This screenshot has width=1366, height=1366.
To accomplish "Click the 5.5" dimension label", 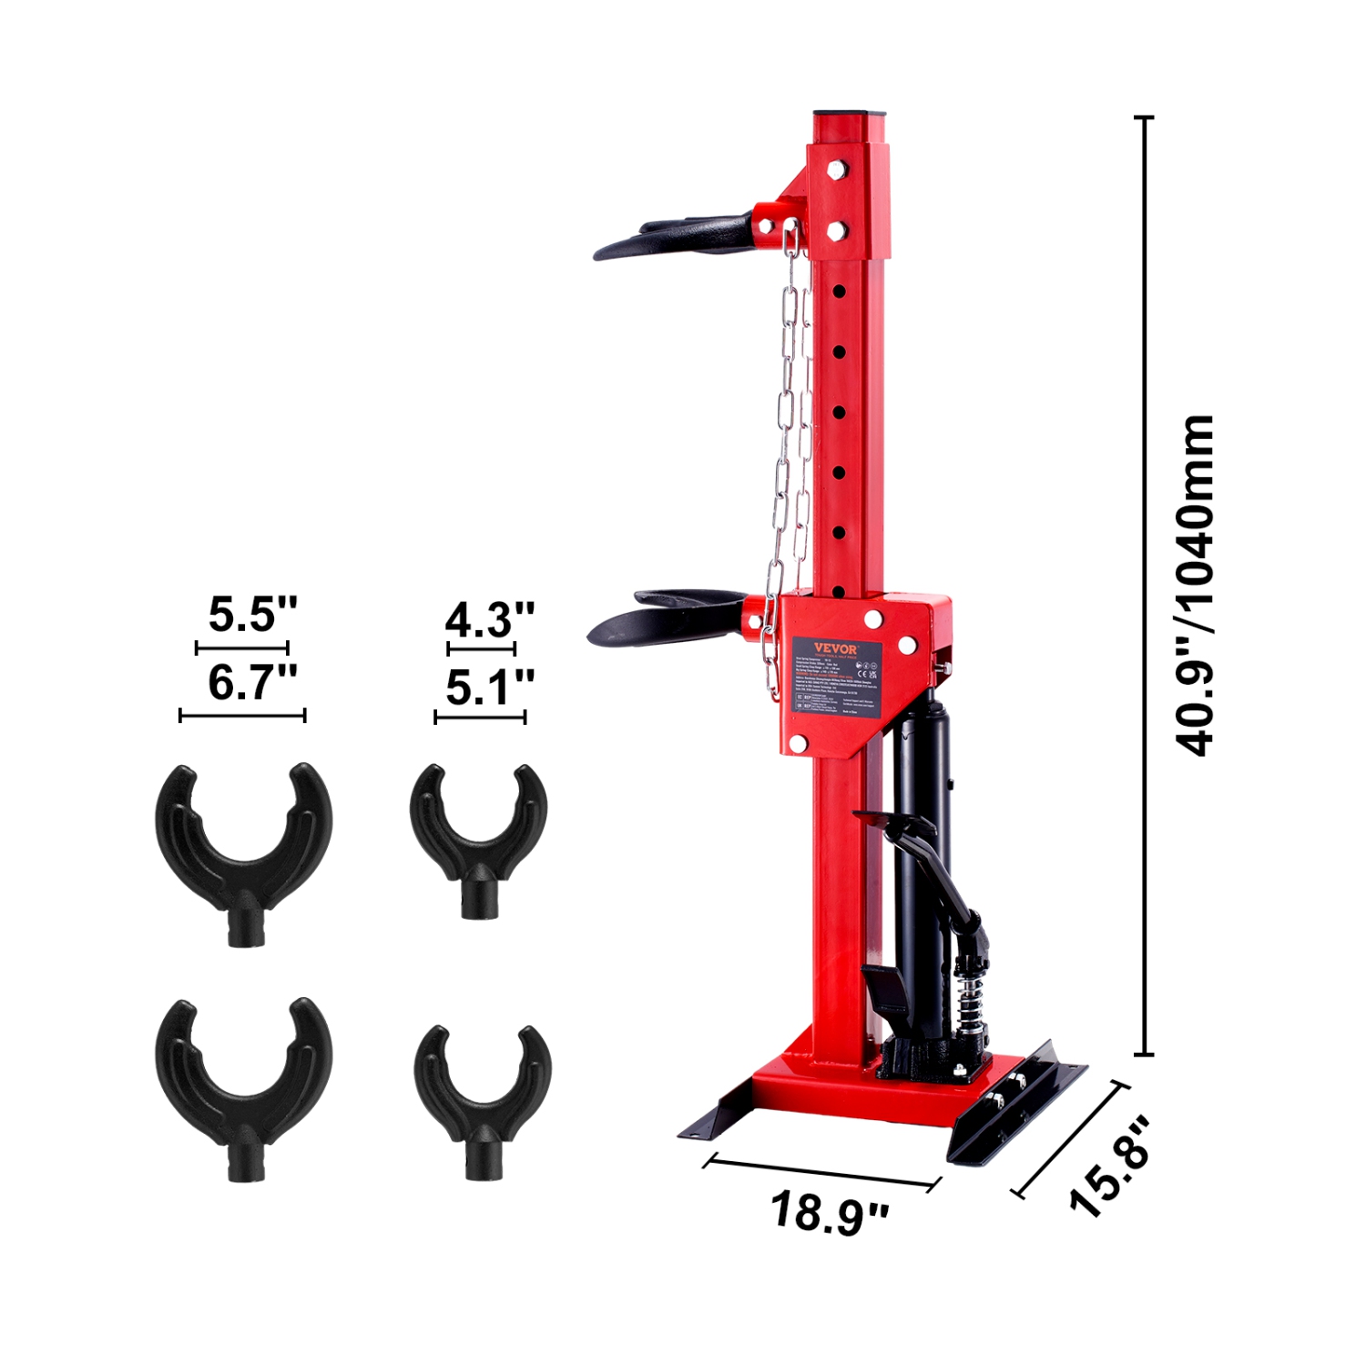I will point(252,615).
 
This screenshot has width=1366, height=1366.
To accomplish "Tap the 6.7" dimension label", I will point(252,683).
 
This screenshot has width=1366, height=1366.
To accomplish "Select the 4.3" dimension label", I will point(489,621).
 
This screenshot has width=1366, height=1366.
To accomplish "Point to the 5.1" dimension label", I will point(489,688).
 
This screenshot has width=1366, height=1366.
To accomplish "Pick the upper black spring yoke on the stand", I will point(678,235).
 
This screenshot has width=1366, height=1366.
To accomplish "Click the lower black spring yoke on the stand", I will point(669,617).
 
